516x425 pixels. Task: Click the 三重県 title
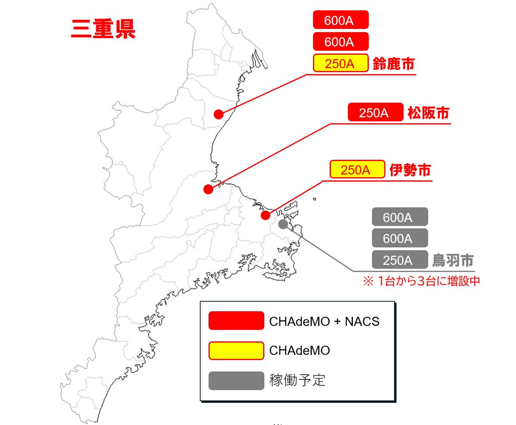pos(103,30)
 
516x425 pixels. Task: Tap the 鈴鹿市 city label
pos(393,64)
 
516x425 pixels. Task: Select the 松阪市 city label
pos(428,113)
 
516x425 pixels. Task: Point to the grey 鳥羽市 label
pos(453,261)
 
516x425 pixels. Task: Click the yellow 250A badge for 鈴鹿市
pos(341,63)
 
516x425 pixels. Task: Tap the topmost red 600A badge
pos(341,20)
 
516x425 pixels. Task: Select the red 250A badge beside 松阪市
pos(375,113)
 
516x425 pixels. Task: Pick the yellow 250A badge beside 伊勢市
pos(356,170)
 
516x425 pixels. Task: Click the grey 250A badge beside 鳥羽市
pos(399,260)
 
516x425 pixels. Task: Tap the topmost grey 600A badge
pos(399,217)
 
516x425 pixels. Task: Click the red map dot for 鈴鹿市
pos(219,114)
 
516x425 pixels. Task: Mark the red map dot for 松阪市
pos(209,189)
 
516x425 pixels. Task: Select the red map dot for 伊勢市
pos(265,215)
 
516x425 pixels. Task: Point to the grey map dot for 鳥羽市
pos(283,224)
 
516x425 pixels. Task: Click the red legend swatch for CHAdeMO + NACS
pos(236,321)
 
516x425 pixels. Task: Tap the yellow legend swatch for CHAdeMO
pos(236,351)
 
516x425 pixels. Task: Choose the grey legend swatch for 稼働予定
pos(236,381)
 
